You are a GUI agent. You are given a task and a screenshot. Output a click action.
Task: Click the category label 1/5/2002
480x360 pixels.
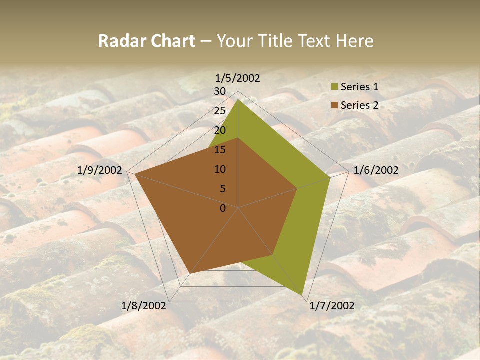[x=238, y=78]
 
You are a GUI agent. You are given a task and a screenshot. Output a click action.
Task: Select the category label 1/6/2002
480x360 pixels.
[x=376, y=170]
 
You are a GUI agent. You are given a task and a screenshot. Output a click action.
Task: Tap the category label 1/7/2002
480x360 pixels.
[x=332, y=306]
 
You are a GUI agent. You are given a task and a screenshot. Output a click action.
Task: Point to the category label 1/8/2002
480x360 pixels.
[x=144, y=306]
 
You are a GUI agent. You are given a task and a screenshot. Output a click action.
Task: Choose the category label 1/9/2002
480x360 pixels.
[x=100, y=170]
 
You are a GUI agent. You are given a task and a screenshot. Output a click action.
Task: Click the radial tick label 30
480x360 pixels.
[x=220, y=91]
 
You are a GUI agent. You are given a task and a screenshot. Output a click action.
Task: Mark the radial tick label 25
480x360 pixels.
[x=220, y=111]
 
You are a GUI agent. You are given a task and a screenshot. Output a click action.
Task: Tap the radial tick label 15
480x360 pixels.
[x=220, y=150]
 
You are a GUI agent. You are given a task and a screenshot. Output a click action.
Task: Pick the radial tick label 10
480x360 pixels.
[x=220, y=169]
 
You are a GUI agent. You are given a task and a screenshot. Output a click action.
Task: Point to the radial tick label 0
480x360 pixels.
[x=223, y=208]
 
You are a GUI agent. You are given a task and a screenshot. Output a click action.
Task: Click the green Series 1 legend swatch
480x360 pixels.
[x=334, y=87]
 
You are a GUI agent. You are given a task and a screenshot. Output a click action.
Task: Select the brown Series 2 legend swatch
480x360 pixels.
[x=334, y=106]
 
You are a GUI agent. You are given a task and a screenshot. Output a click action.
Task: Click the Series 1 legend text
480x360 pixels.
[x=359, y=87]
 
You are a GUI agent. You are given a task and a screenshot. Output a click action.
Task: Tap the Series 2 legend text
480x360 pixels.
[x=359, y=105]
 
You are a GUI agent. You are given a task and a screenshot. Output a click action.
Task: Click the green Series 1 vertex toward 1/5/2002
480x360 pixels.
[x=238, y=100]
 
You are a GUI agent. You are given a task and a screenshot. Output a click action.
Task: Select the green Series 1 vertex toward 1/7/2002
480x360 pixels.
[x=302, y=295]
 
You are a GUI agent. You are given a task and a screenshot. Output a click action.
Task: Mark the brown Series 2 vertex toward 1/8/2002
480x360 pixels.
[x=189, y=273]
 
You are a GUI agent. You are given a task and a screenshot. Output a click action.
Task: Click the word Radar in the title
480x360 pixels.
[x=120, y=41]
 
